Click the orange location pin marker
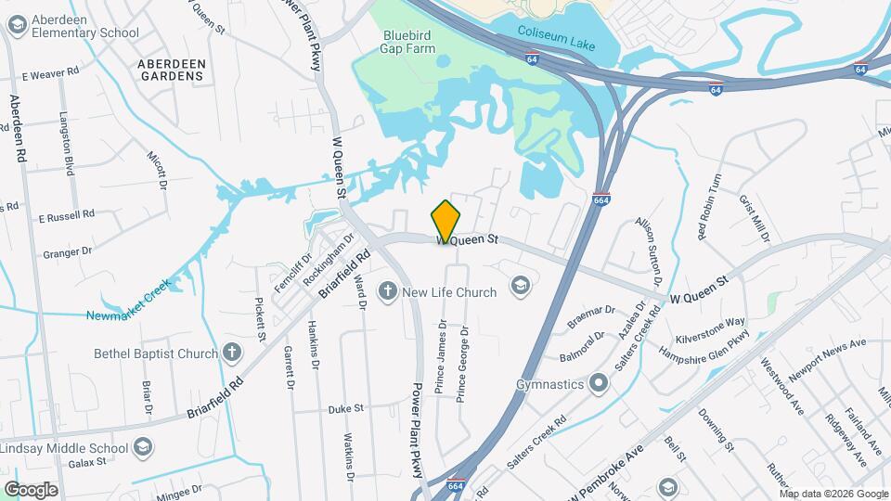click(445, 222)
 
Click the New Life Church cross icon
click(388, 292)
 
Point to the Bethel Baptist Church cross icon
click(232, 353)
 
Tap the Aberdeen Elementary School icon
click(16, 26)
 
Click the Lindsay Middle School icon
click(143, 448)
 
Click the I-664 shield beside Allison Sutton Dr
click(601, 199)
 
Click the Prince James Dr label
click(441, 358)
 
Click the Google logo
click(31, 489)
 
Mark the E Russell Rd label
click(67, 215)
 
